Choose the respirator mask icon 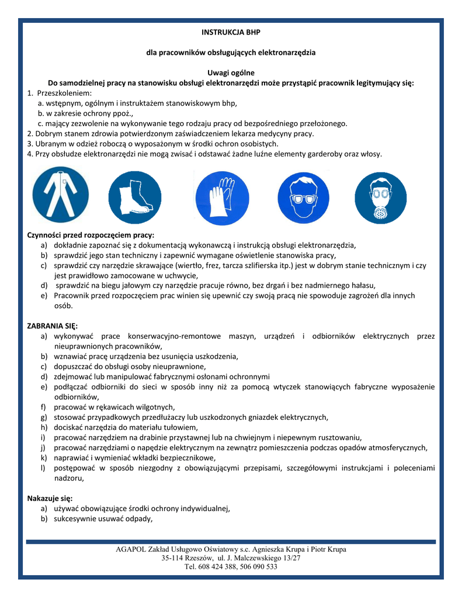click(x=381, y=197)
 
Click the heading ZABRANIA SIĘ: click(x=52, y=325)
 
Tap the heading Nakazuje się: click(x=50, y=498)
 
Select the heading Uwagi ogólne click(x=231, y=73)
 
